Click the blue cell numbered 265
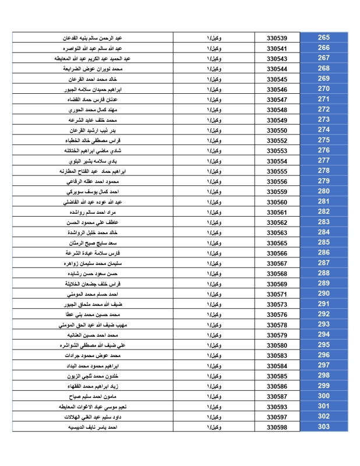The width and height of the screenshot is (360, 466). (324, 38)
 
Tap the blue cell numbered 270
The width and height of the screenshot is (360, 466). (324, 89)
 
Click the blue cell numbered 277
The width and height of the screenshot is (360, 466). (324, 161)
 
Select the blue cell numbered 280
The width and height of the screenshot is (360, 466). (324, 191)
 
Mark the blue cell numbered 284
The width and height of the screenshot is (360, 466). (324, 232)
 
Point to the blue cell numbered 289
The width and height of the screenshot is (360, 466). (324, 284)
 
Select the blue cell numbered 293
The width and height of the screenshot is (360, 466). (324, 324)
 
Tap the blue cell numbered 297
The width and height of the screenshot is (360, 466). (324, 365)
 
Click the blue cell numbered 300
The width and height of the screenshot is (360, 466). (324, 396)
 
